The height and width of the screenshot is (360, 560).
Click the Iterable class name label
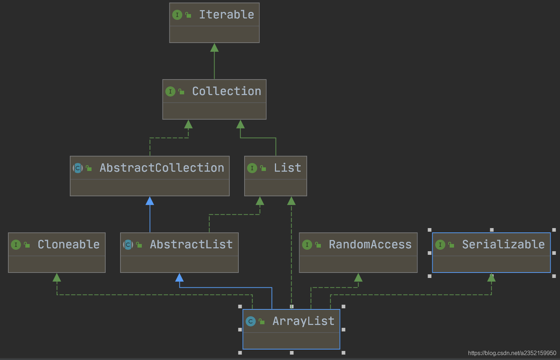point(226,15)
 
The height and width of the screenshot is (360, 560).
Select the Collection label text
point(226,91)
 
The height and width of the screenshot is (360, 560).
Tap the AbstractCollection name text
point(162,168)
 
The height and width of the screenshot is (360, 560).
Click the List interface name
point(287,168)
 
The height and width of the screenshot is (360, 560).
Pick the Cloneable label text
point(68,245)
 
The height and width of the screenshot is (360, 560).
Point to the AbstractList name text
point(191,245)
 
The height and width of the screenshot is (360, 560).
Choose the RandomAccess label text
point(370,245)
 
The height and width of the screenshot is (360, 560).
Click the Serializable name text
point(503,245)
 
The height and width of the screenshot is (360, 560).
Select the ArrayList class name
point(303,321)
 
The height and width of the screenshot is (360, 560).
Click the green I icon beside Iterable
point(177,15)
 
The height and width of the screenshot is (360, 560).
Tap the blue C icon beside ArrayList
point(250,321)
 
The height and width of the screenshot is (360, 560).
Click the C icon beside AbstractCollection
point(78,168)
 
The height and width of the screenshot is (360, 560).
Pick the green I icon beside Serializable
point(440,245)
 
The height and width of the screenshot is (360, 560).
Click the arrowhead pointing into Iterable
point(214,48)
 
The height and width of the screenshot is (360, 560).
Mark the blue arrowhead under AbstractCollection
point(150,201)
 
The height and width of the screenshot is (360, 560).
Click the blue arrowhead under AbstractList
point(179,278)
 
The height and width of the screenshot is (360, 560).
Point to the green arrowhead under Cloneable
point(57,278)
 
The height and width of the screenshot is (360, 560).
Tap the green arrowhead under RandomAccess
point(358,278)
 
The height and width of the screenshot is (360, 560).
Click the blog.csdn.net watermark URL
point(512,353)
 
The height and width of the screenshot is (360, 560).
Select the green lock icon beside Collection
point(181,92)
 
